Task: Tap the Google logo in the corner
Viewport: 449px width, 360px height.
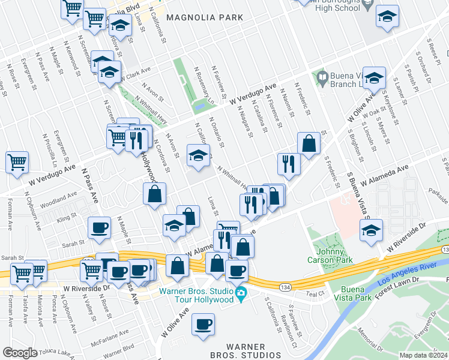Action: click(x=19, y=353)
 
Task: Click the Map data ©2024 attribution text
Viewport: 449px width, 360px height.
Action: click(x=423, y=355)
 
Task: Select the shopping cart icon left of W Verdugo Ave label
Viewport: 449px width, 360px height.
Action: click(x=17, y=161)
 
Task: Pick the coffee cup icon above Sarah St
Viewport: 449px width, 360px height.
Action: click(x=99, y=227)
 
